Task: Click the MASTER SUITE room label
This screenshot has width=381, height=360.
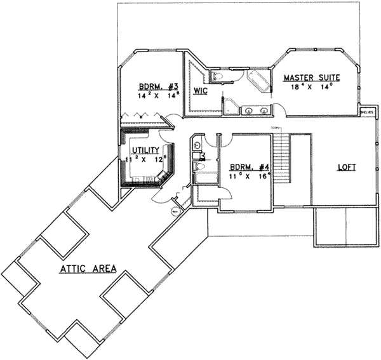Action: (x=311, y=77)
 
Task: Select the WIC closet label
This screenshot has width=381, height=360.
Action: (x=201, y=91)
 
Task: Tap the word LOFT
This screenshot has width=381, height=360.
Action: (x=346, y=168)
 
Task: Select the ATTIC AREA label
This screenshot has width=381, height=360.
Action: (x=88, y=269)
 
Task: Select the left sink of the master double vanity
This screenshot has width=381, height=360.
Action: (x=248, y=110)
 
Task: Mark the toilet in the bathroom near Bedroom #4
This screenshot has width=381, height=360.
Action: (x=199, y=166)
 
